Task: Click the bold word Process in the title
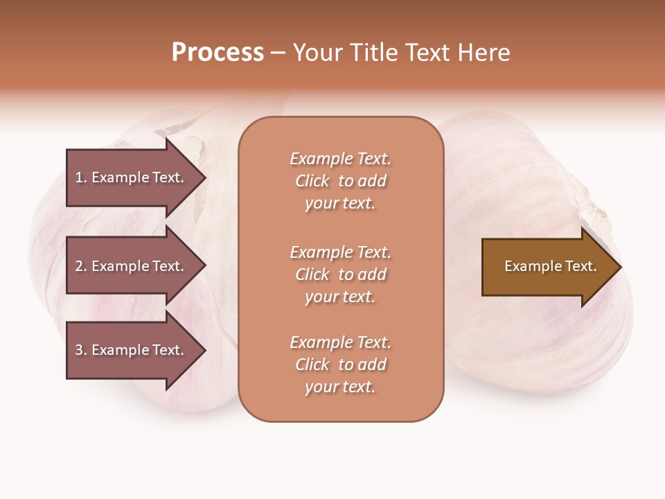click(218, 53)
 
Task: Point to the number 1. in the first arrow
click(81, 177)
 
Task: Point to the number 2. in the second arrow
click(81, 266)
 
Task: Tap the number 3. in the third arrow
click(81, 350)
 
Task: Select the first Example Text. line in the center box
click(340, 159)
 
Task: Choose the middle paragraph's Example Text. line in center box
click(340, 252)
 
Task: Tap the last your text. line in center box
click(340, 387)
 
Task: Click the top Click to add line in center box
click(340, 181)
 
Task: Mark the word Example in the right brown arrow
click(528, 266)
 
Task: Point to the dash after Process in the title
click(278, 53)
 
